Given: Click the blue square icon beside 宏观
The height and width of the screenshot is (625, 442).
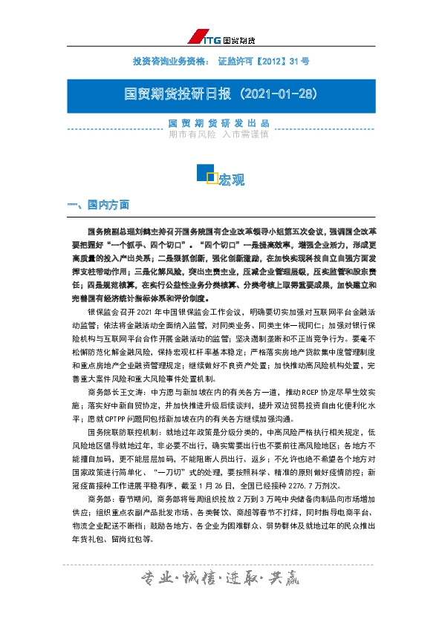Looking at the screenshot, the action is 205,174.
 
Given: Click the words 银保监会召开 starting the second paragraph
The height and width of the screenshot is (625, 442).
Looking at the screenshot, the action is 110,315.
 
